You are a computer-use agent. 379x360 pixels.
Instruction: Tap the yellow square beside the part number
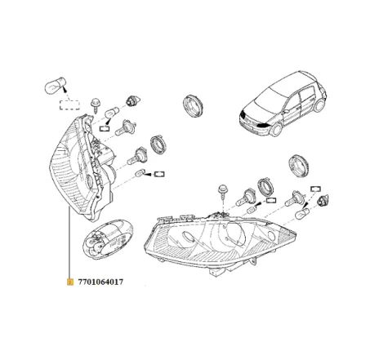pos(69,280)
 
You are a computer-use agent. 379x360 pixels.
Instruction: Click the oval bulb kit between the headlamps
pos(107,237)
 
